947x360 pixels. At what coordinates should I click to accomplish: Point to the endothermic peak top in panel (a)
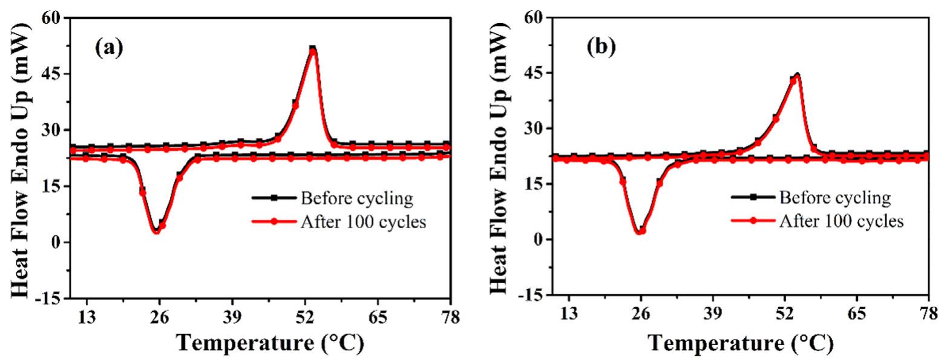pyautogui.click(x=312, y=48)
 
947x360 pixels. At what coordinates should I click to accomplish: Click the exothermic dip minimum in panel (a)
pyautogui.click(x=157, y=231)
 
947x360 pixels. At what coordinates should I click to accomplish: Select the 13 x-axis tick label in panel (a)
pyautogui.click(x=87, y=317)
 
